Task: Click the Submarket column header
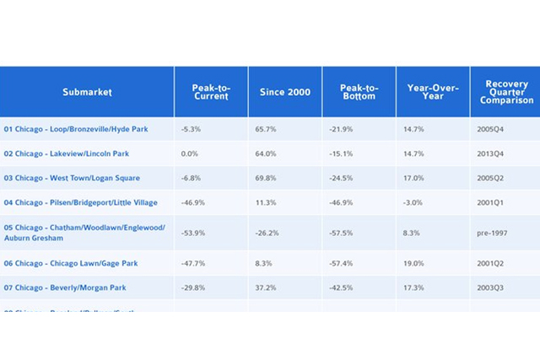point(87,92)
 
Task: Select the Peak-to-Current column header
point(211,92)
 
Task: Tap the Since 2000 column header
point(284,92)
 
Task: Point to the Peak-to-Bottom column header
point(359,92)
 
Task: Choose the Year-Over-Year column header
point(433,92)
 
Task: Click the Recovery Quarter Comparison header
point(507,92)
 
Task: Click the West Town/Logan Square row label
point(72,179)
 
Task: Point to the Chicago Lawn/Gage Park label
point(70,264)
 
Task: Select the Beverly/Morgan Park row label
point(65,288)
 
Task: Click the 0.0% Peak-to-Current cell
point(189,154)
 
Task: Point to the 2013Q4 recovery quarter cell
point(489,154)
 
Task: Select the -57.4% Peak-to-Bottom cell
point(341,264)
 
